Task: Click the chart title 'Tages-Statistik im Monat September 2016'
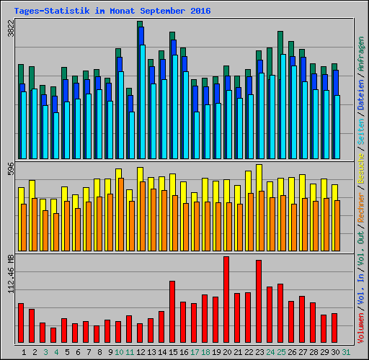(x=107, y=12)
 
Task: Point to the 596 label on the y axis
(x=10, y=171)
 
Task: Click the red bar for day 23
(x=259, y=302)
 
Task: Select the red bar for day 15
(x=172, y=312)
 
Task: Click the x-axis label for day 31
(x=346, y=352)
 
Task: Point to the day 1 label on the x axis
(x=25, y=352)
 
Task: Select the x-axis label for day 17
(x=195, y=352)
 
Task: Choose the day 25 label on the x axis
(x=281, y=352)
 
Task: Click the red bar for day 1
(x=21, y=323)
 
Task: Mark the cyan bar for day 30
(x=337, y=127)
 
